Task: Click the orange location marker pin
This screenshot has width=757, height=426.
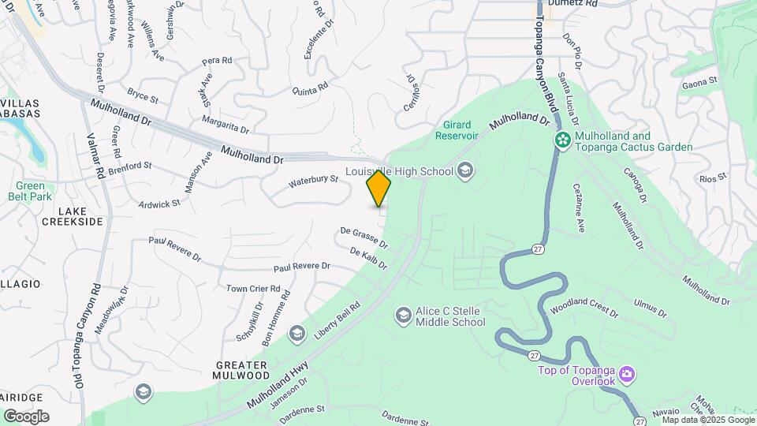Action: [x=378, y=189]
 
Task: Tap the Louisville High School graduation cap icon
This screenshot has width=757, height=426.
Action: [x=465, y=170]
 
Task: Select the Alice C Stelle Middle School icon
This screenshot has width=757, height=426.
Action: [x=404, y=316]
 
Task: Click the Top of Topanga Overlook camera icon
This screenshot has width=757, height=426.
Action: [x=627, y=372]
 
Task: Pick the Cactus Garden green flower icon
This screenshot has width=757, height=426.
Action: [x=562, y=140]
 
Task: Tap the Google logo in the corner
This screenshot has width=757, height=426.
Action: [x=26, y=417]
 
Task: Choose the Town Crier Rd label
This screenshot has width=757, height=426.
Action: [x=253, y=289]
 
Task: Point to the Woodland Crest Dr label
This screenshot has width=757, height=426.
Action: [x=584, y=308]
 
